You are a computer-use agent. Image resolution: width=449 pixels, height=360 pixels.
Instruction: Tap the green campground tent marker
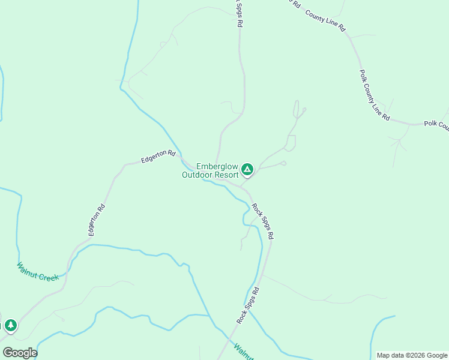[x=247, y=170]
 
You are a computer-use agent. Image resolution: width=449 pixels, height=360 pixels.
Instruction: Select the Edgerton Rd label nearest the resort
[x=158, y=157]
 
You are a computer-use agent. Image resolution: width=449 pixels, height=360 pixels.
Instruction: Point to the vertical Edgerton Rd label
[x=98, y=220]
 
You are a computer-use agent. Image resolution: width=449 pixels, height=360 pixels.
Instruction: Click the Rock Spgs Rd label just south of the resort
[x=262, y=221]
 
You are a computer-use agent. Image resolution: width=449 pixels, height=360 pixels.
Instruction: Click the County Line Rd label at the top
[x=325, y=20]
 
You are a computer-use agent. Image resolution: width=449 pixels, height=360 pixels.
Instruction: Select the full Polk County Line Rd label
[x=375, y=95]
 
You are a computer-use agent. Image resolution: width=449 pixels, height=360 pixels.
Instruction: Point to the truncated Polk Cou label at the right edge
[x=436, y=125]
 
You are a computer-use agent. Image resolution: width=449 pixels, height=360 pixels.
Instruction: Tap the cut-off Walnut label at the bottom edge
[x=244, y=352]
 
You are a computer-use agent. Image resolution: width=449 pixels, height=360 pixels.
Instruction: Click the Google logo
[x=20, y=353]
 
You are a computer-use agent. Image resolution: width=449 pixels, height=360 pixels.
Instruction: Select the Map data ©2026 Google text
[x=412, y=355]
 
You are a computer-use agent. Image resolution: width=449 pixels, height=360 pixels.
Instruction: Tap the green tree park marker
[x=10, y=325]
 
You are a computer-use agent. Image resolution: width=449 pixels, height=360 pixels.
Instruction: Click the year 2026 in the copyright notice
[x=409, y=355]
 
